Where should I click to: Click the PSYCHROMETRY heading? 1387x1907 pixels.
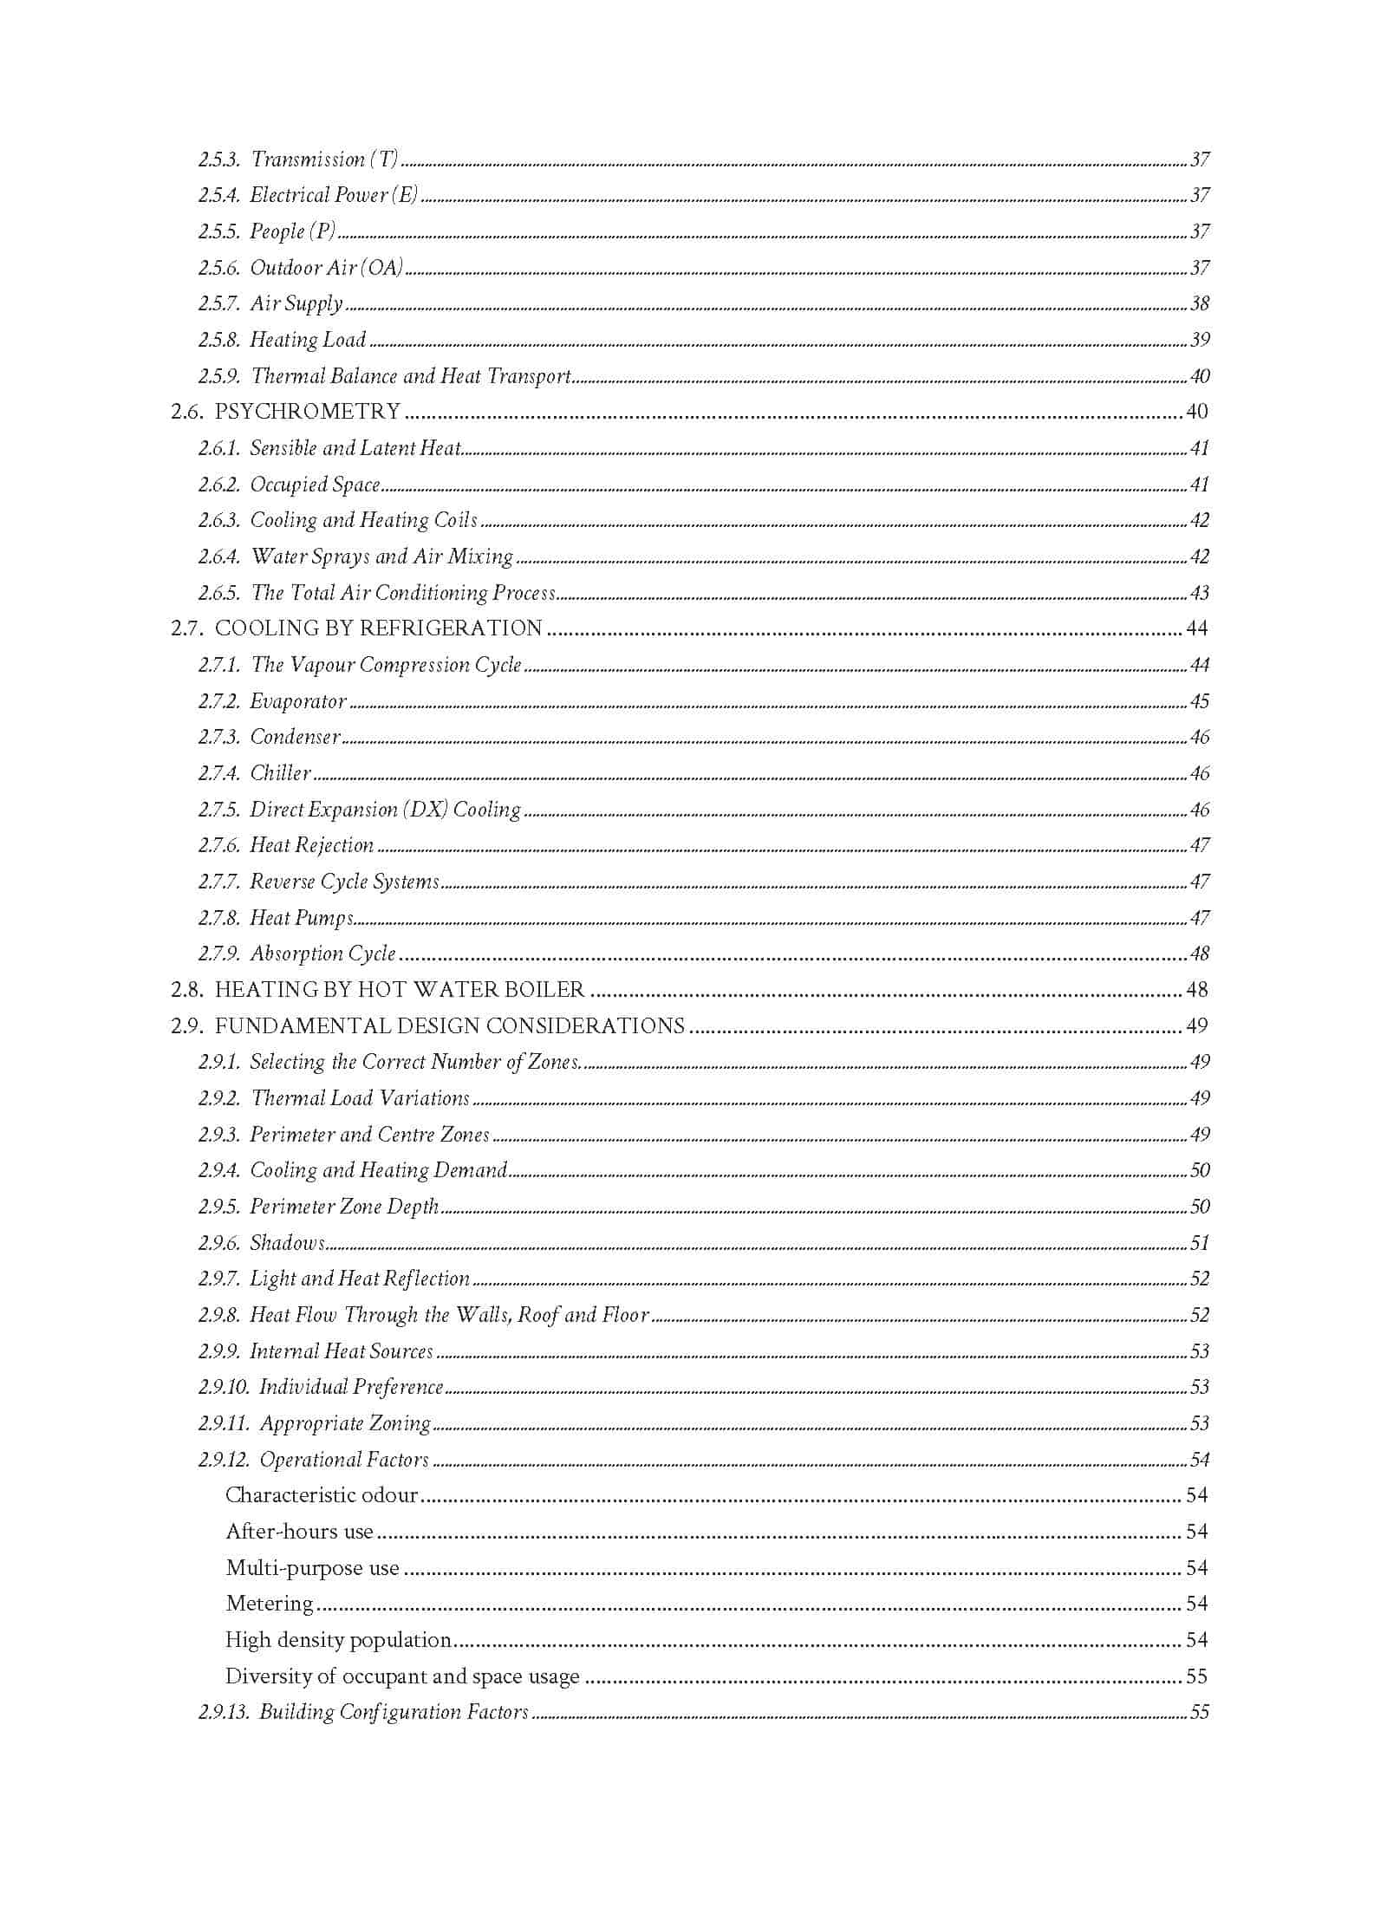[308, 411]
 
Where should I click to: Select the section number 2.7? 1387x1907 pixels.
[186, 628]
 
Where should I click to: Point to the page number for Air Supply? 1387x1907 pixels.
[1199, 303]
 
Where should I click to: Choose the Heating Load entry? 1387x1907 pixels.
[308, 340]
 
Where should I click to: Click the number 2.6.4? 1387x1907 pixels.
[218, 556]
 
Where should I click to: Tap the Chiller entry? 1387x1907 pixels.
[280, 773]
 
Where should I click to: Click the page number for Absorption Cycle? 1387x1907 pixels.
[1199, 953]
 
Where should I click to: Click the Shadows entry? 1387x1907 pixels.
[287, 1243]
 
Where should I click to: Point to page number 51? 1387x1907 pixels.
[1199, 1243]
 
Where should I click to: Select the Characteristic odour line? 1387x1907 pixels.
[322, 1495]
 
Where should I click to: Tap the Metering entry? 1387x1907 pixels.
[270, 1604]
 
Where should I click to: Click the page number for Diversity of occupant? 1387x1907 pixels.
[1196, 1676]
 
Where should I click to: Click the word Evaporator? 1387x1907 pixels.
[298, 701]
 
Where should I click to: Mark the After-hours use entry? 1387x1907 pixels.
[299, 1532]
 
